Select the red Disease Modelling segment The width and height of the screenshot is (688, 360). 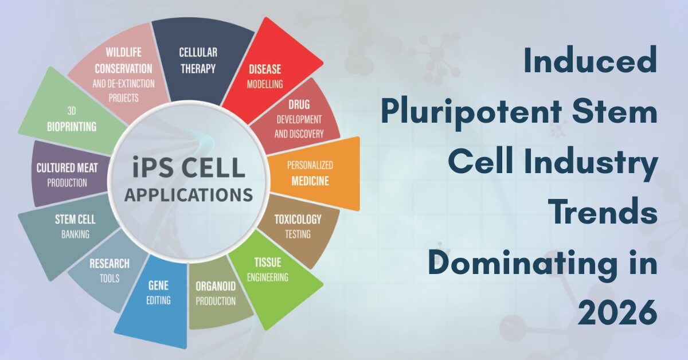tap(267, 75)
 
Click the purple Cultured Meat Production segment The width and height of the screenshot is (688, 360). tap(66, 174)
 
